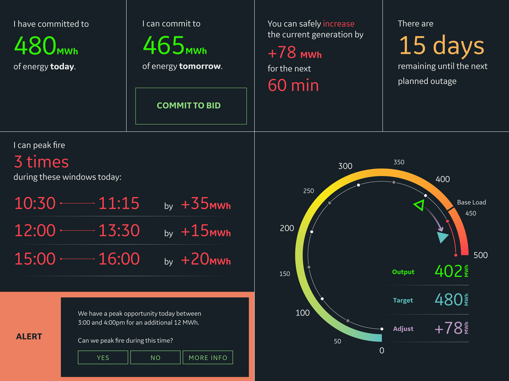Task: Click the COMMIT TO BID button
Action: pyautogui.click(x=191, y=106)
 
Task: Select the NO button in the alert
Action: pyautogui.click(x=155, y=358)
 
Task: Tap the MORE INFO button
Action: pyautogui.click(x=208, y=358)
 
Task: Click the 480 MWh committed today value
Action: pyautogui.click(x=46, y=46)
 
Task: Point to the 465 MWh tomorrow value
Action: pyautogui.click(x=175, y=46)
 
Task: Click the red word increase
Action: pyautogui.click(x=338, y=24)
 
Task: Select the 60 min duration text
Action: pyautogui.click(x=293, y=85)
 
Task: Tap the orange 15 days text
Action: pyautogui.click(x=441, y=46)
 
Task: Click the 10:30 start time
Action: pyautogui.click(x=35, y=203)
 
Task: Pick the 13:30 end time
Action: pyautogui.click(x=119, y=231)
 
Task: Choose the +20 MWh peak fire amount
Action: pyautogui.click(x=205, y=259)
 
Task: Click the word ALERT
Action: pyautogui.click(x=29, y=337)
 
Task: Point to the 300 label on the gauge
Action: pyautogui.click(x=345, y=166)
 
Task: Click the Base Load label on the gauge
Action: pyautogui.click(x=471, y=202)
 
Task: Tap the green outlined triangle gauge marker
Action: pyautogui.click(x=419, y=205)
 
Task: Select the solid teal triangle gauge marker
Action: pyautogui.click(x=442, y=237)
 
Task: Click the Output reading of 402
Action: pyautogui.click(x=449, y=271)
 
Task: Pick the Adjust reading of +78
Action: pyautogui.click(x=449, y=329)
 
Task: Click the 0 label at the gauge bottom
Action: pyautogui.click(x=382, y=350)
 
